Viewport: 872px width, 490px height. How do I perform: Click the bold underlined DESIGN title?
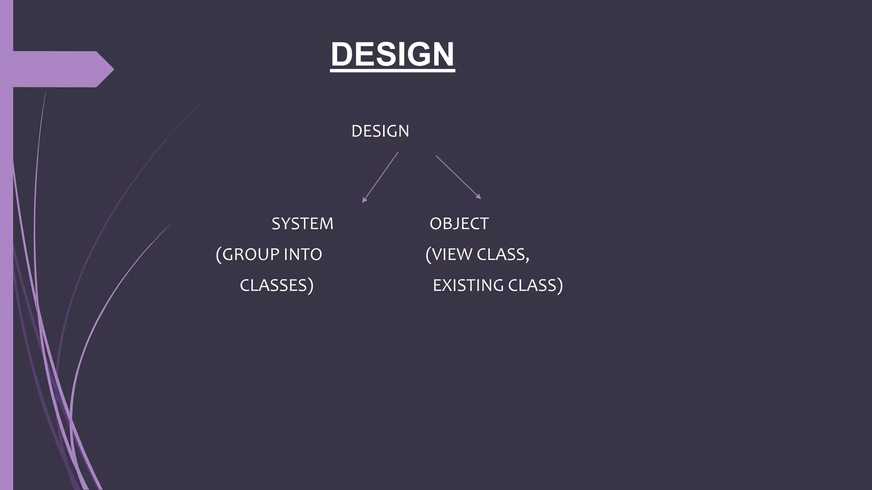(x=392, y=54)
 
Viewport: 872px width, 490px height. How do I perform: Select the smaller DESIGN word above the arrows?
(x=380, y=131)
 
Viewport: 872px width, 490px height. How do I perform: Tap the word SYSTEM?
(x=302, y=224)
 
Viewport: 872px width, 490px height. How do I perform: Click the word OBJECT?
(x=459, y=224)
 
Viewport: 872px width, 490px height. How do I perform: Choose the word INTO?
(x=303, y=254)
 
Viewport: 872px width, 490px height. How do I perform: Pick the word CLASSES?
(x=273, y=285)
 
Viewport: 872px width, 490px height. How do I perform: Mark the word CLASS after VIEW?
(x=501, y=254)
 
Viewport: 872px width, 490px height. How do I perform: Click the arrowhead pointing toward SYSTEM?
(x=364, y=200)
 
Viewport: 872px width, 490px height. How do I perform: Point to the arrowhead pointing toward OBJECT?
(x=479, y=197)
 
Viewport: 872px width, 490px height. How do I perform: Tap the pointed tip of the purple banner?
(x=112, y=69)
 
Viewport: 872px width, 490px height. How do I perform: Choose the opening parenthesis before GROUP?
(x=219, y=255)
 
